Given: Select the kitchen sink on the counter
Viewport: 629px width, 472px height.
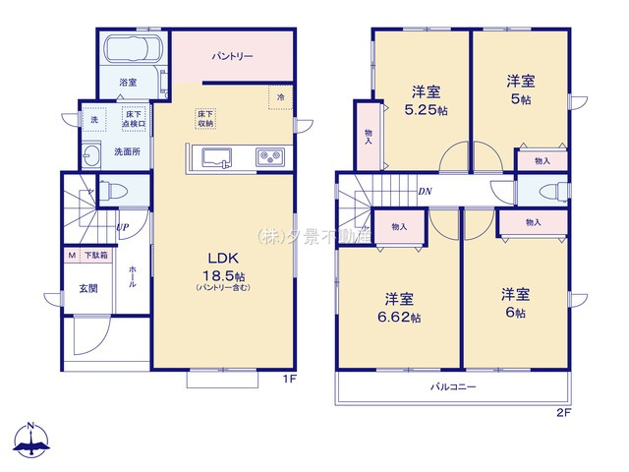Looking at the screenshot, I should click(215, 155).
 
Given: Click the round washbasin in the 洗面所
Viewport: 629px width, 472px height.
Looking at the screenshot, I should click(92, 154).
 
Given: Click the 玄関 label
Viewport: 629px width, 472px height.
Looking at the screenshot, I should click(88, 288).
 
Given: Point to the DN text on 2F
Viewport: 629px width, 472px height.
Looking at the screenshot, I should click(425, 191).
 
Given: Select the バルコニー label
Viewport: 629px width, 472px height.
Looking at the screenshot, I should click(453, 386).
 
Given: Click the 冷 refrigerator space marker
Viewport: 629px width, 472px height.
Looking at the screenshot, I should click(280, 96).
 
